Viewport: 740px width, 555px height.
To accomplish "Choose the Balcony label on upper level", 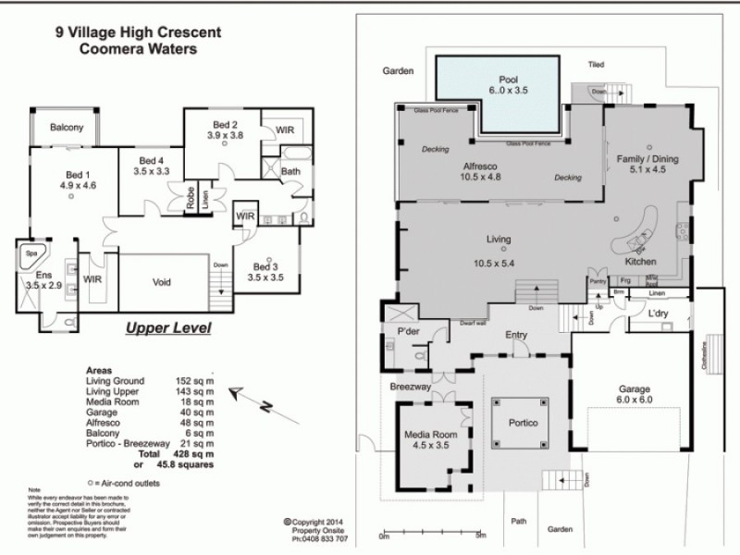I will coord(67,128).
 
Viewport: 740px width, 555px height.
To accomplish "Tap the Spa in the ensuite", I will coord(30,252).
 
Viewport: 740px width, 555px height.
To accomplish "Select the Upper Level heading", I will coord(167,328).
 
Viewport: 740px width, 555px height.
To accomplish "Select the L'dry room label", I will coord(658,314).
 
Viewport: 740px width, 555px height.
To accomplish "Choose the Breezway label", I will coord(410,388).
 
